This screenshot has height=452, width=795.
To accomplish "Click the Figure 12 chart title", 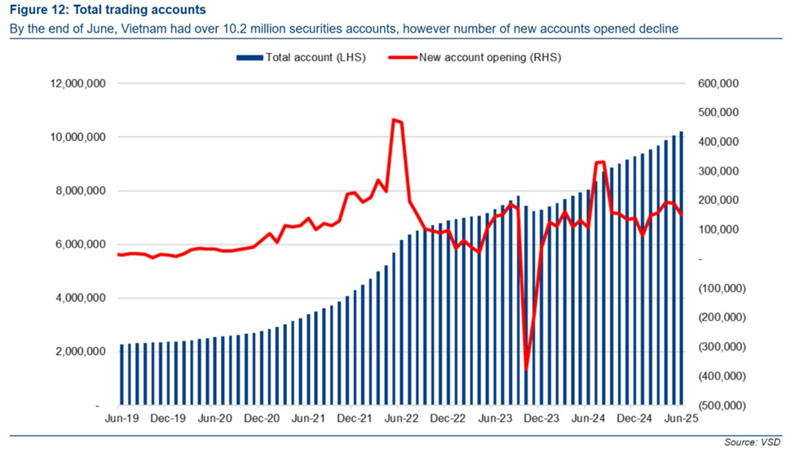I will pyautogui.click(x=108, y=11).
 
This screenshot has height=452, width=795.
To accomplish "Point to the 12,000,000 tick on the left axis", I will pyautogui.click(x=77, y=84).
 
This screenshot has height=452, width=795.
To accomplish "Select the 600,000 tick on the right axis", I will pyautogui.click(x=718, y=84).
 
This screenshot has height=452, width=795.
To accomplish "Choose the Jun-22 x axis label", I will pyautogui.click(x=401, y=419).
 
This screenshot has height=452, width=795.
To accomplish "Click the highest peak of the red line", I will pyautogui.click(x=394, y=120).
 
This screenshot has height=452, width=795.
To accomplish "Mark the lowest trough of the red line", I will pyautogui.click(x=527, y=370).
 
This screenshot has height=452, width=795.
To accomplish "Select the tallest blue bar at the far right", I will pyautogui.click(x=682, y=269).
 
